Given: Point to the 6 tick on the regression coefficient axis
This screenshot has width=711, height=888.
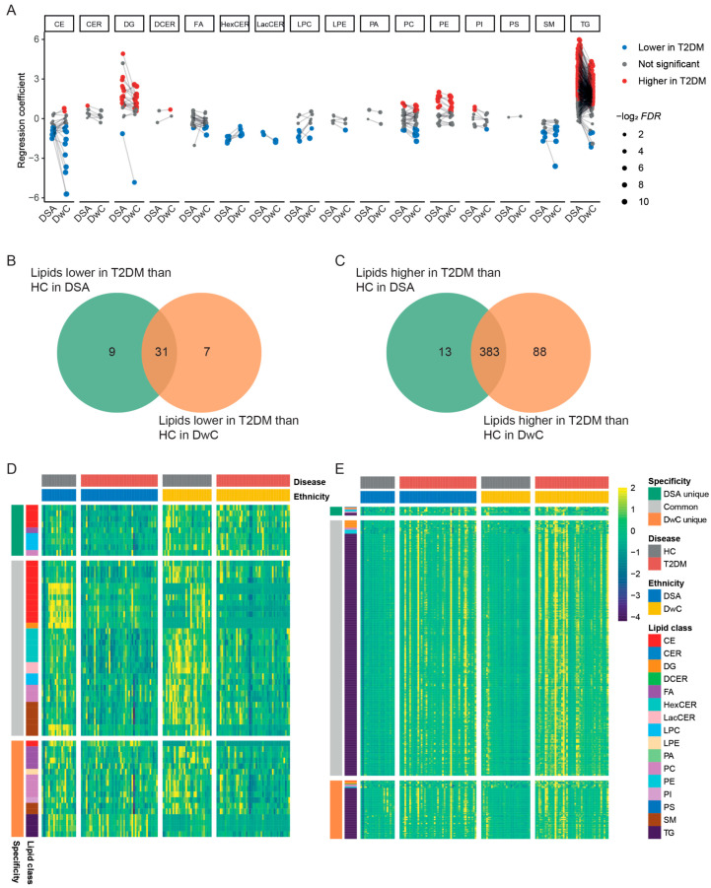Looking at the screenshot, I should click(x=33, y=38).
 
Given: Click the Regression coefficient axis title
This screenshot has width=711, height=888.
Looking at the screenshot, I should click(x=10, y=118).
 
